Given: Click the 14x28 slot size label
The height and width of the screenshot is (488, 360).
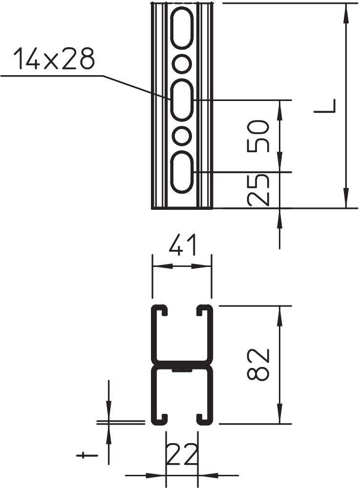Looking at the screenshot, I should [x=54, y=59].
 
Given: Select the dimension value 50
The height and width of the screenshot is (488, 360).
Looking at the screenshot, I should [x=258, y=136].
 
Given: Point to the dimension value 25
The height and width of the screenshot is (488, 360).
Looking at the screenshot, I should [x=258, y=189].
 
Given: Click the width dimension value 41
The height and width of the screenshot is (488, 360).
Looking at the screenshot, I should [x=182, y=246].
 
